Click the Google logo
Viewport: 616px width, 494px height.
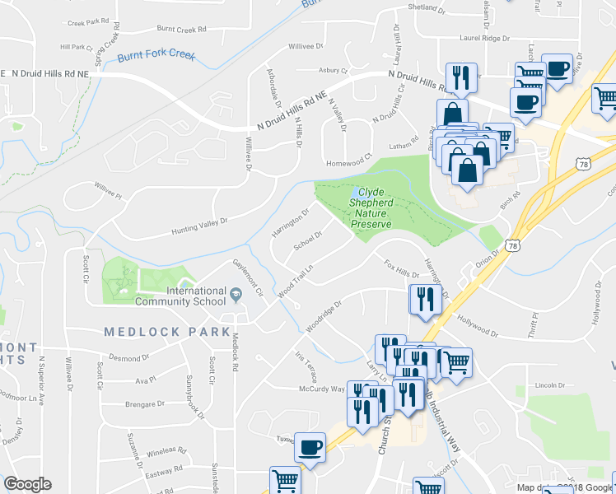click(27, 484)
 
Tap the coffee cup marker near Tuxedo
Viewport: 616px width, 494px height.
click(310, 448)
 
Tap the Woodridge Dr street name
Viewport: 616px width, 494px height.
click(324, 314)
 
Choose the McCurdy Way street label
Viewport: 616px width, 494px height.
click(320, 389)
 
